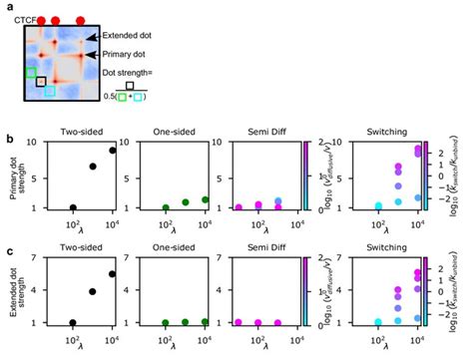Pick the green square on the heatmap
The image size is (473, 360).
(x=32, y=73)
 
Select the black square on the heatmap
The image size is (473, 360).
(x=41, y=82)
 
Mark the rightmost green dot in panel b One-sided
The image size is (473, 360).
(x=205, y=199)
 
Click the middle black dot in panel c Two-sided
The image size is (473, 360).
(x=93, y=292)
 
